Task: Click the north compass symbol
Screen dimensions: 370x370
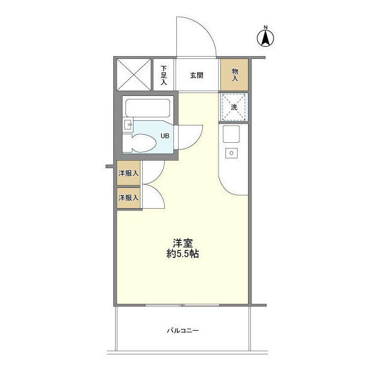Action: tap(265, 37)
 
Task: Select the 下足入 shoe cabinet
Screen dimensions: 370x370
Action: tap(164, 75)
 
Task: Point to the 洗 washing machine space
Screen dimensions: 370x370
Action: tap(234, 107)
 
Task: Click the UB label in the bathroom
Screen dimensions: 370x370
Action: tap(165, 136)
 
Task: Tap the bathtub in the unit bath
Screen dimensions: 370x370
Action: tap(147, 108)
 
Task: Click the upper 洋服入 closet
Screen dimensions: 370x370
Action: tap(128, 173)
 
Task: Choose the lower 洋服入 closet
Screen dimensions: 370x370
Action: tap(128, 198)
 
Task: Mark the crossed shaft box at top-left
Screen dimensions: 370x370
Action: tap(134, 75)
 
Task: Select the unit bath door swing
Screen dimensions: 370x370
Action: tap(191, 136)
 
